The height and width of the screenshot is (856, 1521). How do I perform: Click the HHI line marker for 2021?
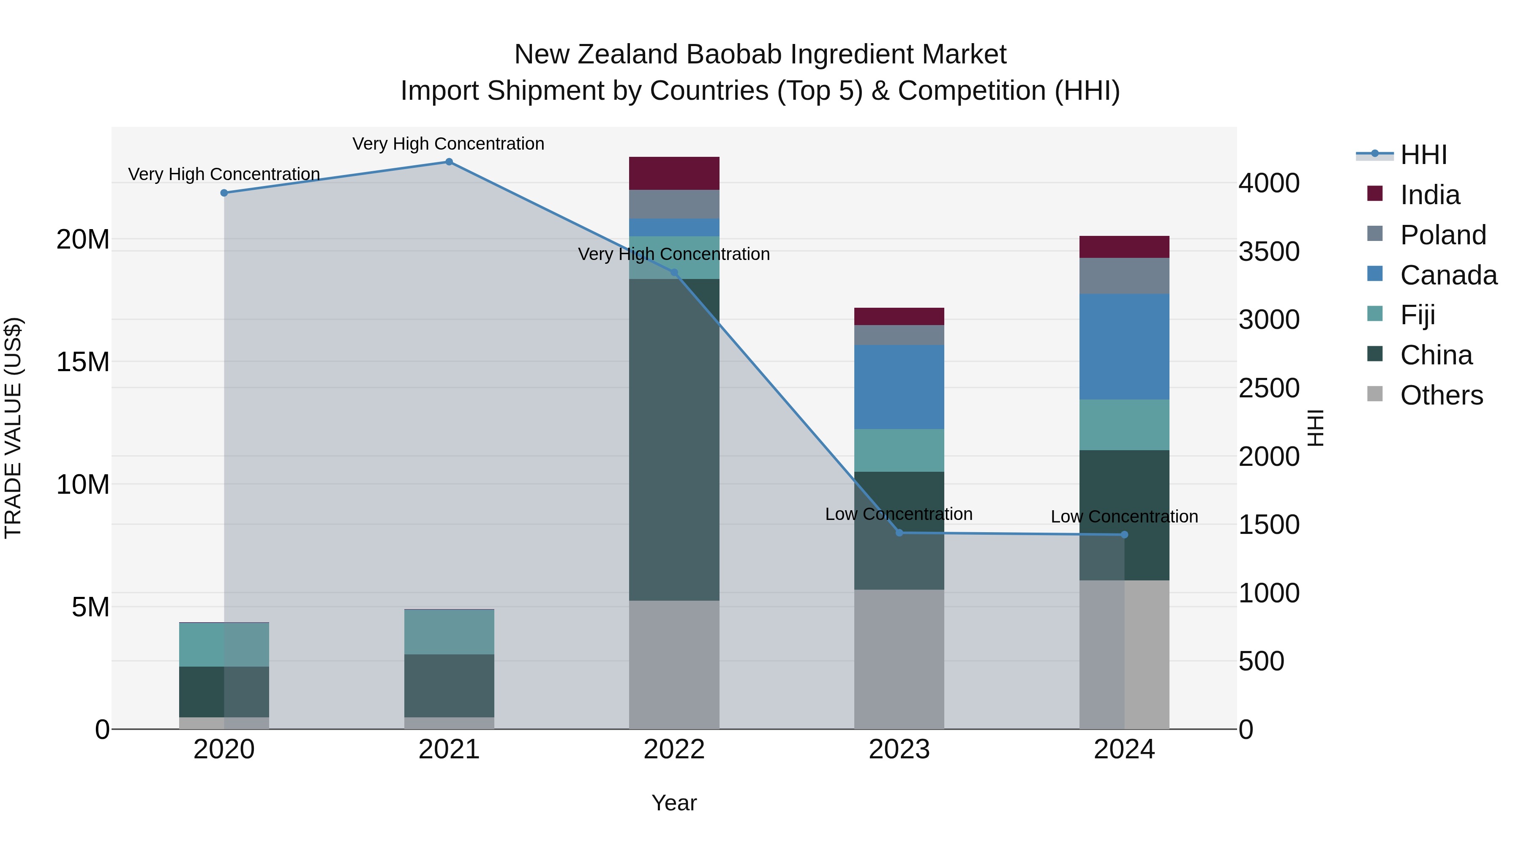click(x=449, y=162)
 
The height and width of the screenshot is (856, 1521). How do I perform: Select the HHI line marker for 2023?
click(x=899, y=533)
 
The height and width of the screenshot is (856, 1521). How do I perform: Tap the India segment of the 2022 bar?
click(x=674, y=173)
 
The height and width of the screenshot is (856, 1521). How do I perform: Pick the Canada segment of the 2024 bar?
click(x=1124, y=347)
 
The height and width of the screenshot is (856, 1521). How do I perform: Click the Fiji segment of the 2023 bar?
click(x=899, y=450)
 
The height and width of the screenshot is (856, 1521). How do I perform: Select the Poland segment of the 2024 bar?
click(x=1124, y=276)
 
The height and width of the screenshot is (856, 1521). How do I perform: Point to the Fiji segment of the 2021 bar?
click(x=449, y=632)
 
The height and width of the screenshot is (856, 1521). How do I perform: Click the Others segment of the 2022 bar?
click(x=674, y=665)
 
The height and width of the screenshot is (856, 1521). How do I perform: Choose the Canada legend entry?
click(x=1448, y=275)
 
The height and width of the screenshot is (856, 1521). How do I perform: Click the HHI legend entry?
click(x=1423, y=155)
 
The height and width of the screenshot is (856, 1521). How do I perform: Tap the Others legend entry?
click(x=1441, y=395)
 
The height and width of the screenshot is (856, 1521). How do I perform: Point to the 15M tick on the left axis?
click(x=83, y=362)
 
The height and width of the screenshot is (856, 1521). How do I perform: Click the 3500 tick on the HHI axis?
click(x=1269, y=252)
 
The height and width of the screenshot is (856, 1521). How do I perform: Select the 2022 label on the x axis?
click(x=674, y=749)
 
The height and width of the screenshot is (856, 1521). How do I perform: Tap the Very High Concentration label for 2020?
click(x=224, y=174)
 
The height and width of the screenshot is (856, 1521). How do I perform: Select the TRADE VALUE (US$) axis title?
click(x=13, y=428)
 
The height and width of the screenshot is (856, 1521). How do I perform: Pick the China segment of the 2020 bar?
click(x=224, y=692)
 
